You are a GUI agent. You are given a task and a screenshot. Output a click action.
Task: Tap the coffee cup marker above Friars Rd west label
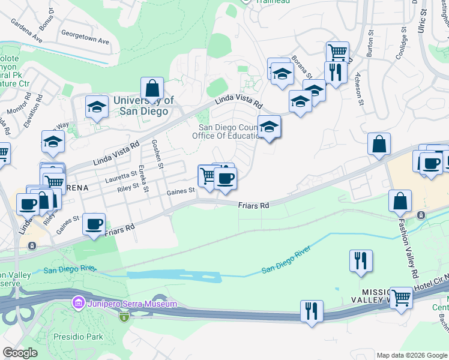point(94,224)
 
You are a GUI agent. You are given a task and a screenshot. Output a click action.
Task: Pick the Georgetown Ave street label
point(88,42)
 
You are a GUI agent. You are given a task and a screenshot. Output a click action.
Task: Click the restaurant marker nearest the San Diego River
point(361,260)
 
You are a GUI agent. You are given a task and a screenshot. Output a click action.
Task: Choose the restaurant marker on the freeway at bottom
point(312,311)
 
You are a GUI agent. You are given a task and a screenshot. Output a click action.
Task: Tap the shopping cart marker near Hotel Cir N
point(401,298)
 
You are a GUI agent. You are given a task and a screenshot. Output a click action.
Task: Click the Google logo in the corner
point(20,353)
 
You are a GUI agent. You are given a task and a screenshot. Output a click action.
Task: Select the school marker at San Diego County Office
point(269,127)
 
